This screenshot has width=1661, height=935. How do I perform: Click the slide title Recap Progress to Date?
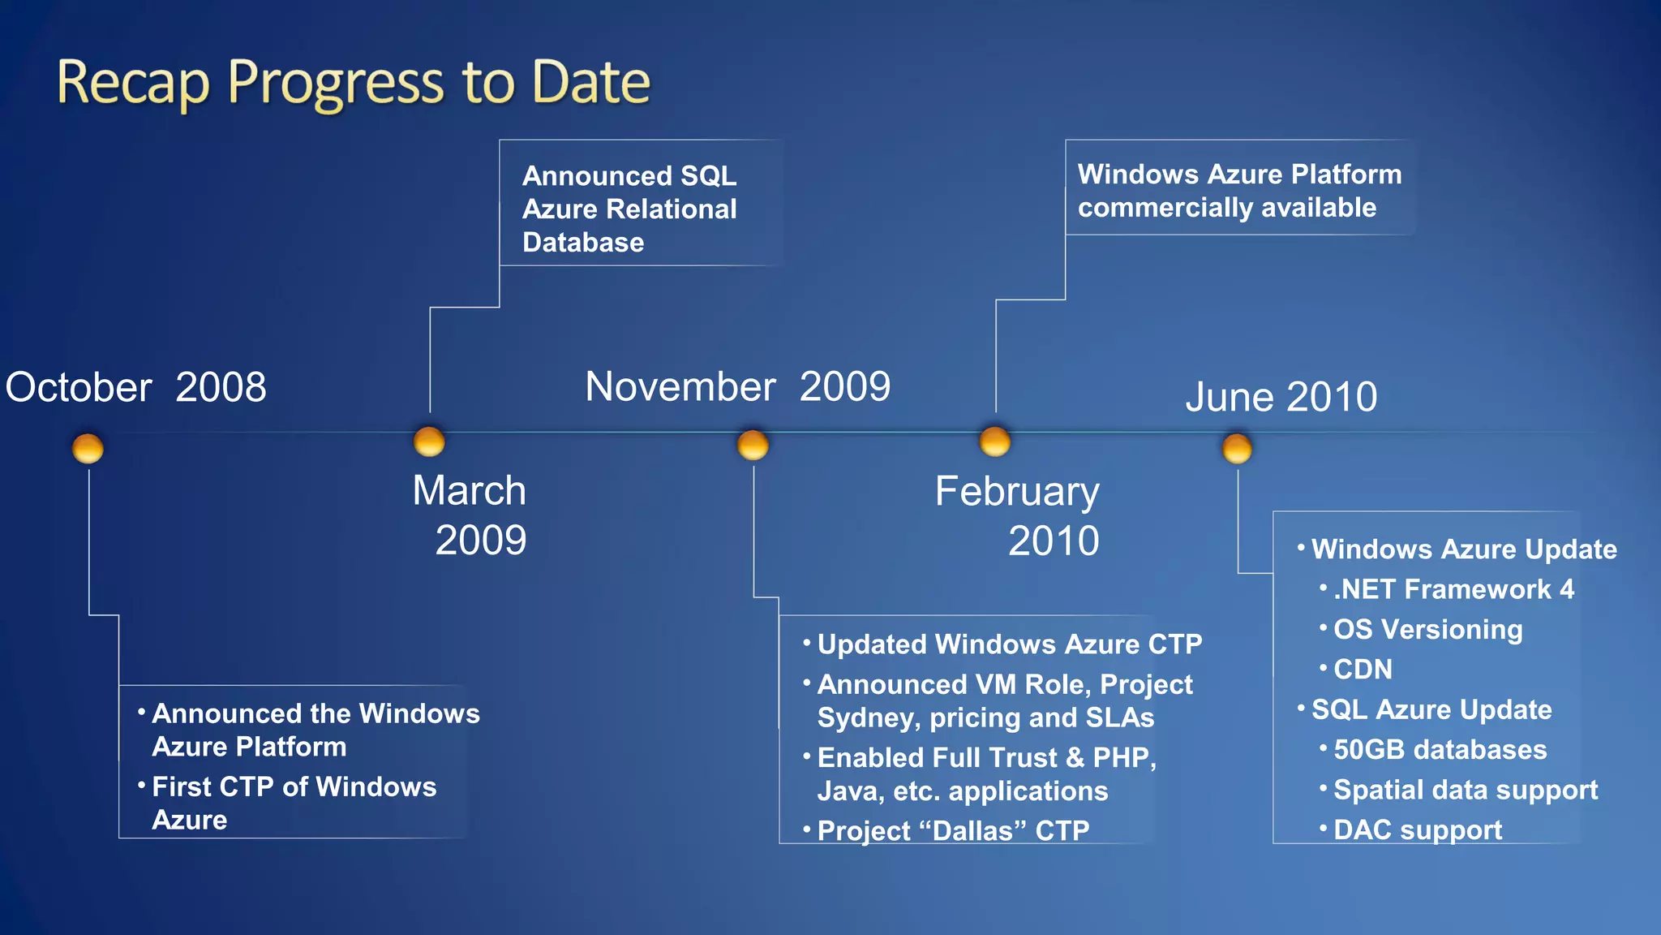click(354, 83)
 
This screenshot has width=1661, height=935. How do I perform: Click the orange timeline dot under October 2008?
click(88, 448)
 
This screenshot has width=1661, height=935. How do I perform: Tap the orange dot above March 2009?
click(429, 442)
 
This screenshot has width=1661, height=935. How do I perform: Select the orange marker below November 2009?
click(753, 445)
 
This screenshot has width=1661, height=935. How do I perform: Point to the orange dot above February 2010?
click(995, 442)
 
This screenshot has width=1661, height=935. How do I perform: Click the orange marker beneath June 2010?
click(1237, 448)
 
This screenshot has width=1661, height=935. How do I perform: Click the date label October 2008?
click(135, 387)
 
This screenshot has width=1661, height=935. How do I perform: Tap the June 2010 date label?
click(1281, 397)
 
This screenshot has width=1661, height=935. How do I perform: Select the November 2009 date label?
click(737, 386)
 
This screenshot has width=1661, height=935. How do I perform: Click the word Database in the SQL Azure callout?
click(583, 243)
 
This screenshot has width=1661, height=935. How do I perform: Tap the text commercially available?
click(1226, 208)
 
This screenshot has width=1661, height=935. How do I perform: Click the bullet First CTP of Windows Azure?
click(294, 803)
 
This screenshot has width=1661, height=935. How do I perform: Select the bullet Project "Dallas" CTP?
click(953, 830)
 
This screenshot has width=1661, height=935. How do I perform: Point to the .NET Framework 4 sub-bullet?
click(1453, 589)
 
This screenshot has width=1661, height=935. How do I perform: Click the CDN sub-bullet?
click(1363, 670)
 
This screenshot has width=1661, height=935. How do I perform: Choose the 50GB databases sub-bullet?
click(1440, 750)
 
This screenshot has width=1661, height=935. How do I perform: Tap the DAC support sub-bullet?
click(1417, 829)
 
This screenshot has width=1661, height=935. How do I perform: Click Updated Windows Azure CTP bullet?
click(1009, 644)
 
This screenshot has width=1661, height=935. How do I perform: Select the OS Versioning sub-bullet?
click(1427, 630)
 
